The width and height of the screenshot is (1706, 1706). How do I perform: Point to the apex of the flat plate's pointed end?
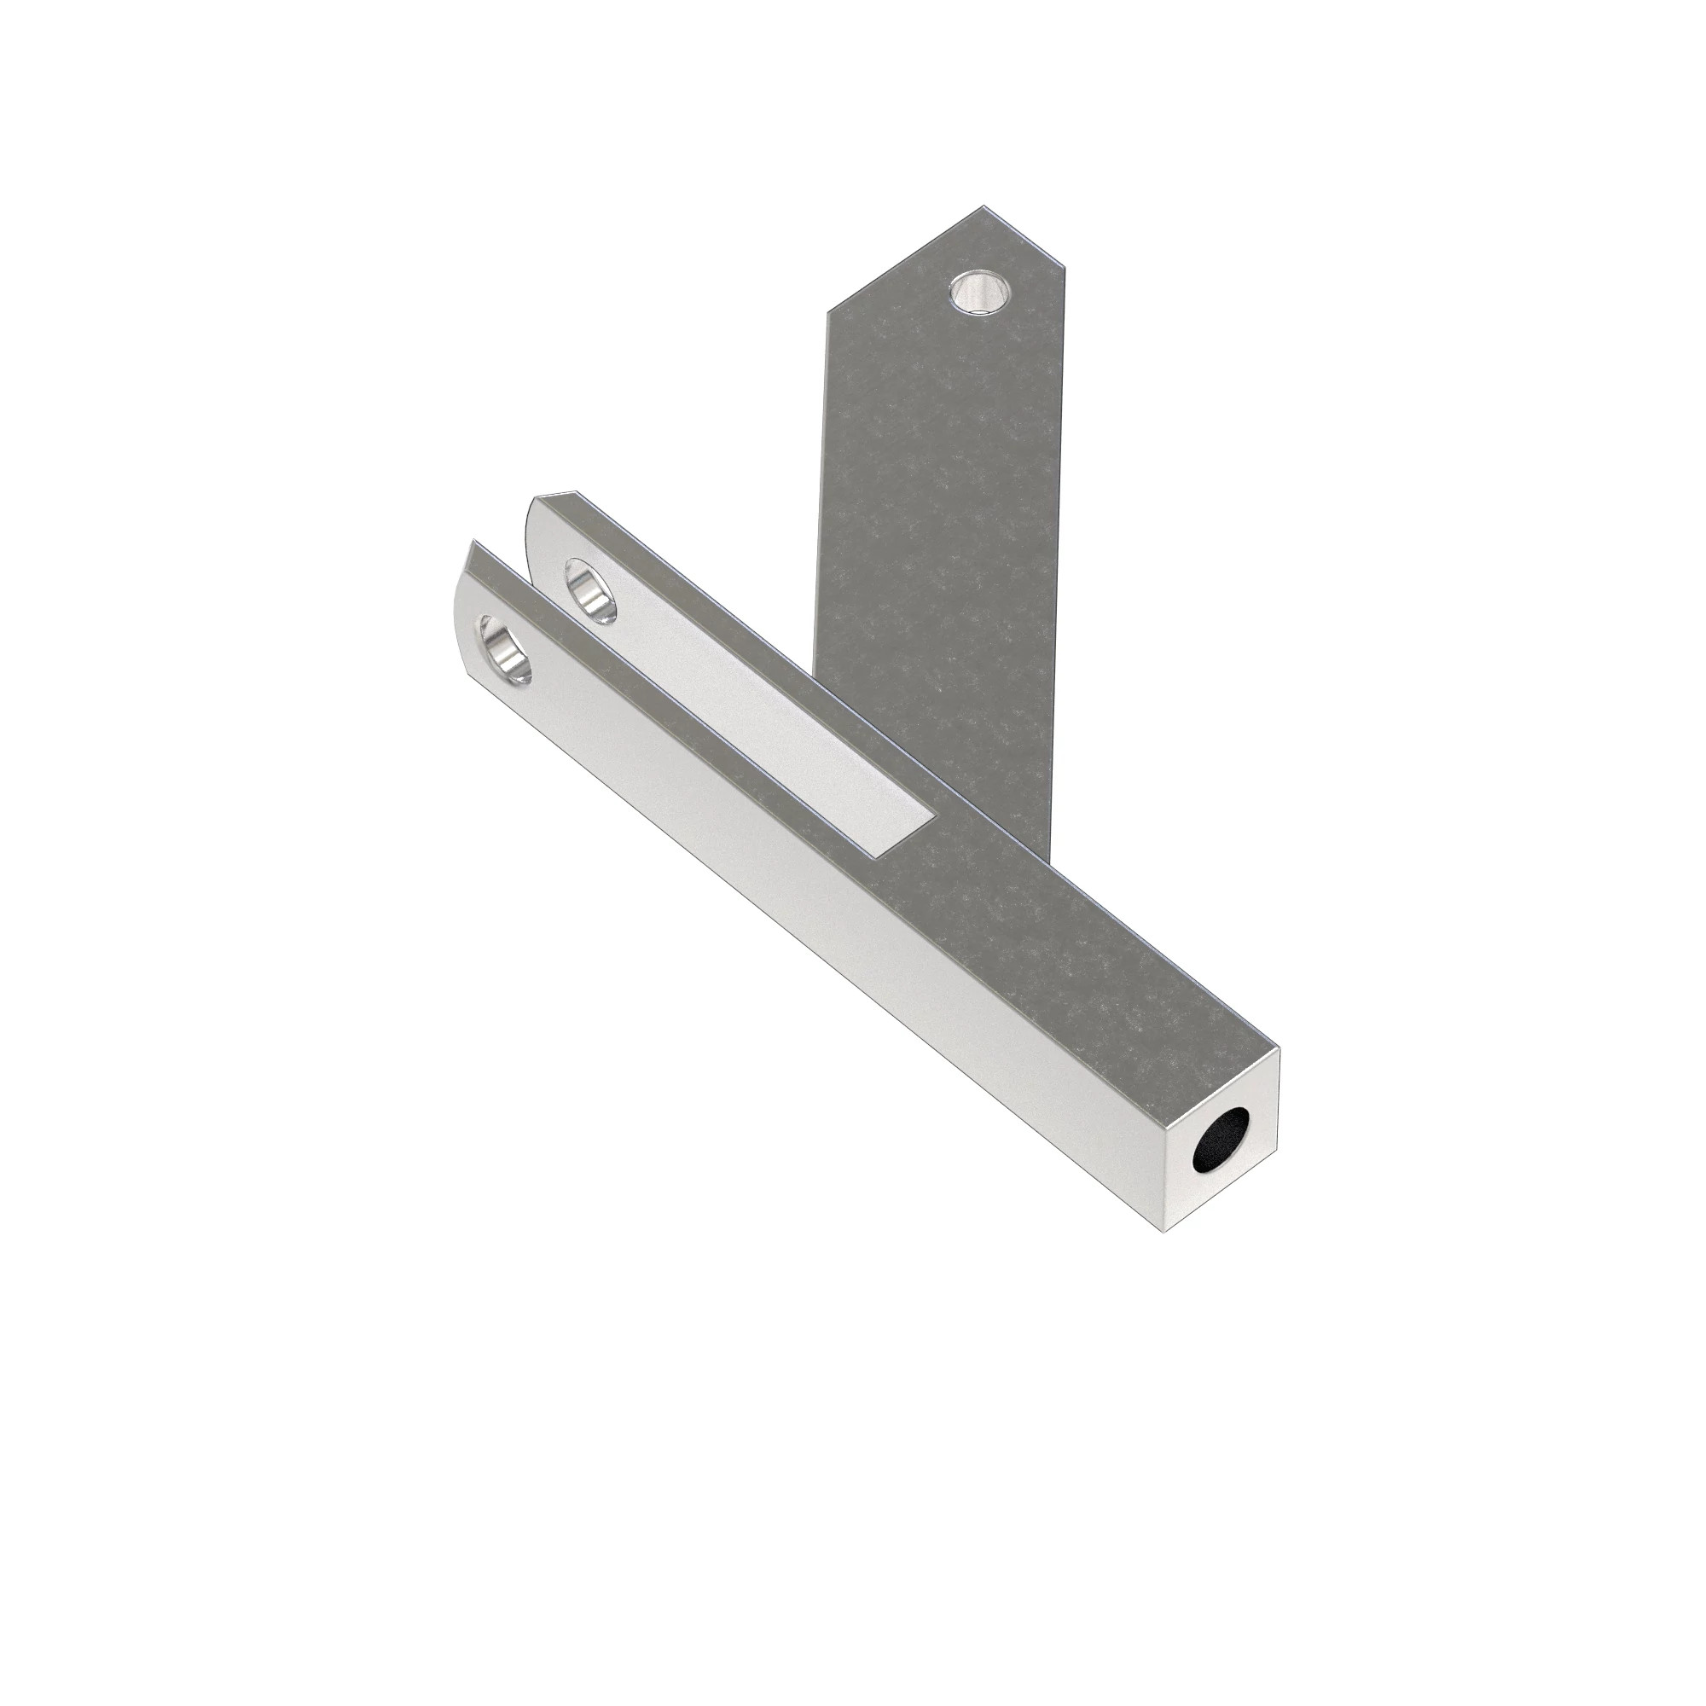tap(983, 207)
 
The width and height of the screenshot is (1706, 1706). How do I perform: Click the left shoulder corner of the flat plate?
tap(827, 311)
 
